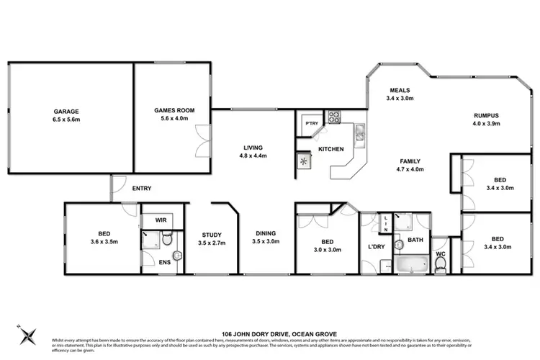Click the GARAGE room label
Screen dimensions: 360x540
tap(66, 116)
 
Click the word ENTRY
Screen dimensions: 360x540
tap(141, 189)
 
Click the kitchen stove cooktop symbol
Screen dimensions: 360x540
tap(335, 116)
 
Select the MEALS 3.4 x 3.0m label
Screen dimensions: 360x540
tap(400, 94)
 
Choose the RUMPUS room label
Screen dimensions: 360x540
tap(486, 120)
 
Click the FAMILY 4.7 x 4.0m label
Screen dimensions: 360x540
tap(410, 166)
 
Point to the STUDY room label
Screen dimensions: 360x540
tap(211, 239)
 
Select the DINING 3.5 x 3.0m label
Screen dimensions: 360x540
tap(266, 239)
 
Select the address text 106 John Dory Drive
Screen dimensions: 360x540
tap(270, 333)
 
